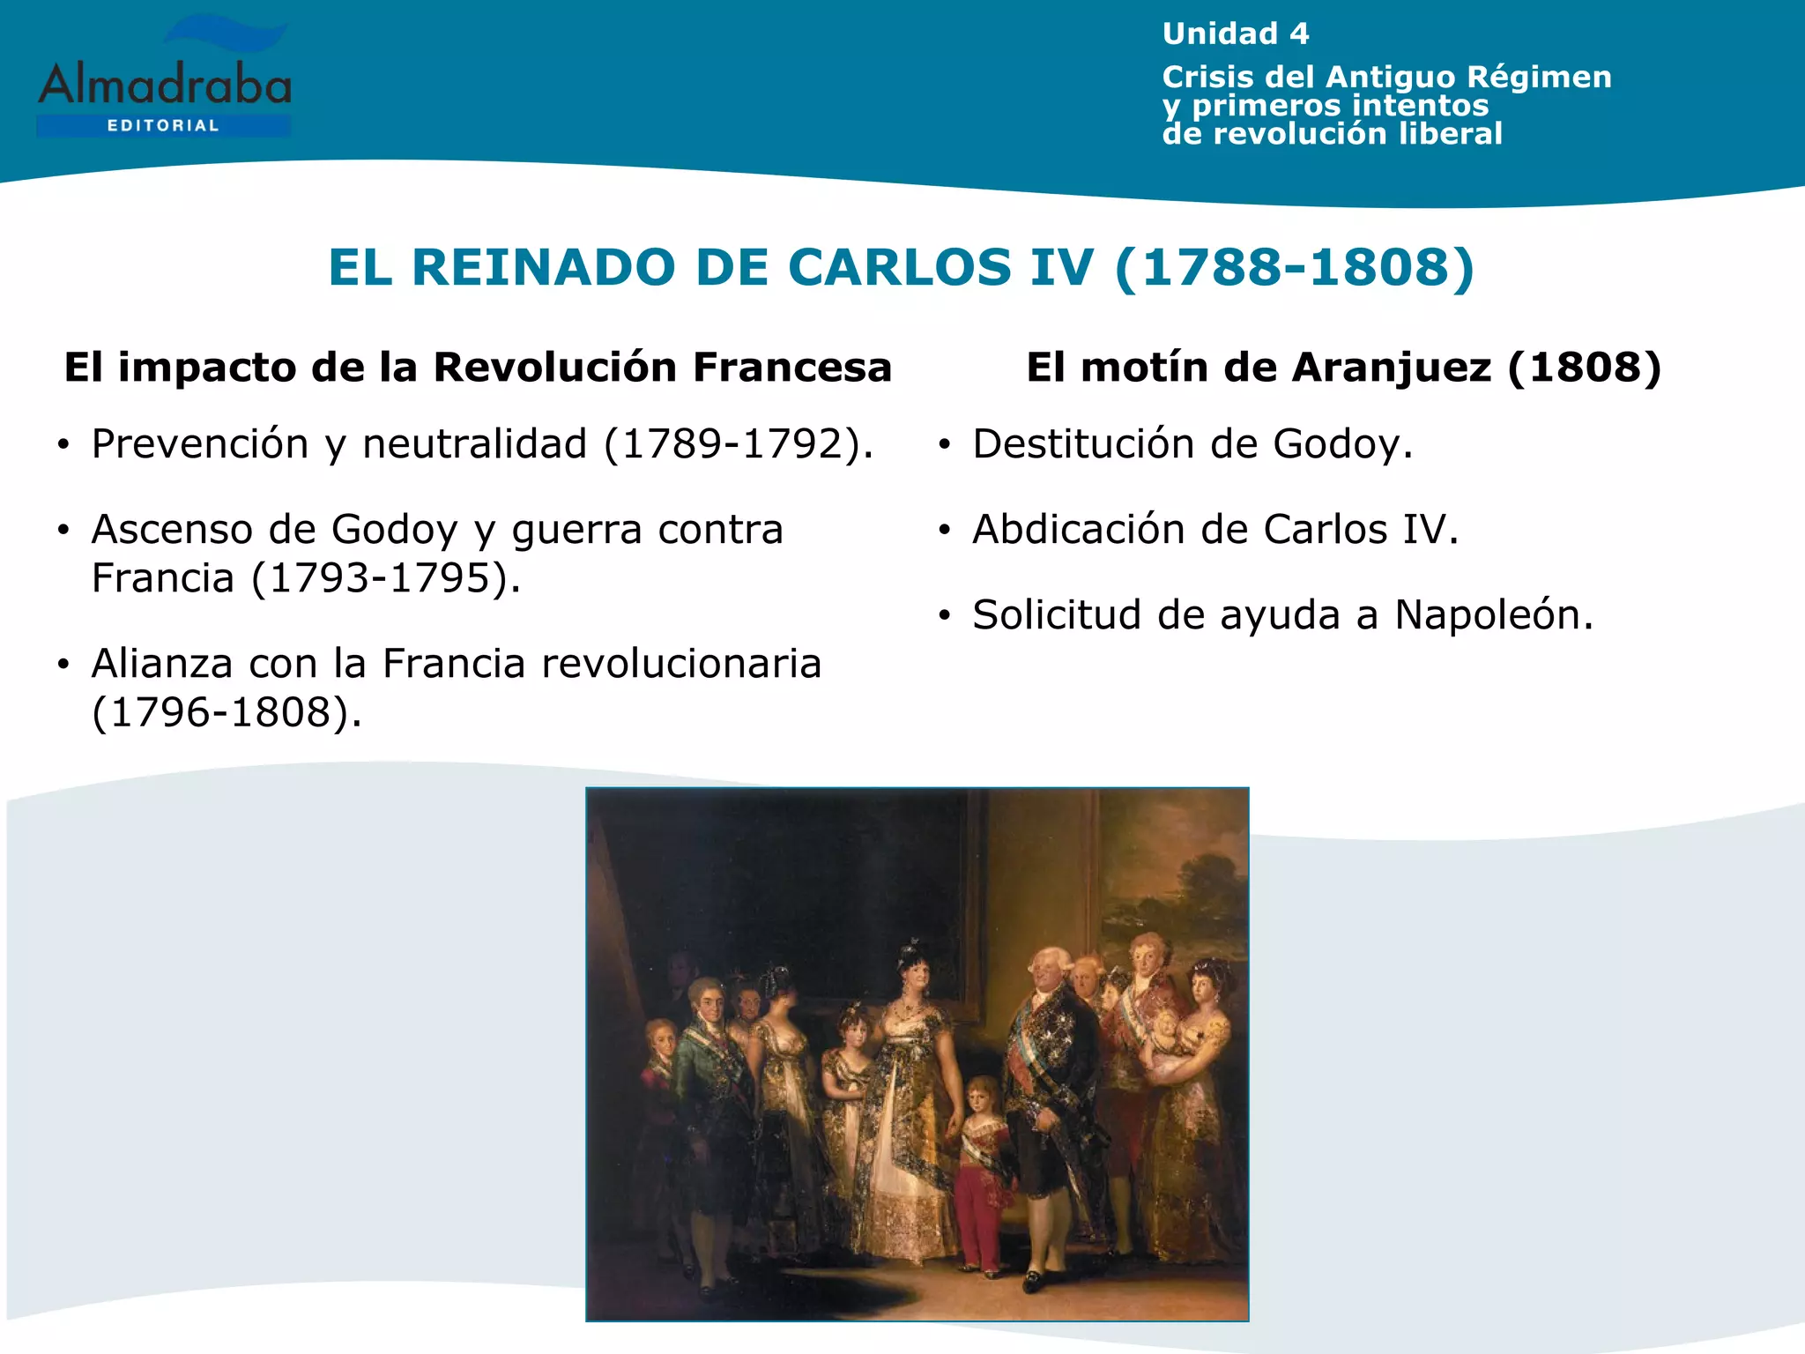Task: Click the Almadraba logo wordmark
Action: [x=165, y=86]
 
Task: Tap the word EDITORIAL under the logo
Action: [x=163, y=126]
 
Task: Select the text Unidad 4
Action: [x=1236, y=33]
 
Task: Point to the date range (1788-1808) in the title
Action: [x=1294, y=267]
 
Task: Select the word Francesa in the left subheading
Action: [x=792, y=367]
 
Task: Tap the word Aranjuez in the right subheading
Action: [x=1391, y=367]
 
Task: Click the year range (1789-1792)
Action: [x=739, y=443]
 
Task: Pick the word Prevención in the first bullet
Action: [x=200, y=443]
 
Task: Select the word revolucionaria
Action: [x=681, y=664]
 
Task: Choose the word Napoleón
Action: [x=1494, y=614]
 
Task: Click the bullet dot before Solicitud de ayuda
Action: [x=945, y=615]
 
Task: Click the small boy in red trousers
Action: [x=980, y=1164]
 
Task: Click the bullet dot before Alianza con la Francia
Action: [x=63, y=665]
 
